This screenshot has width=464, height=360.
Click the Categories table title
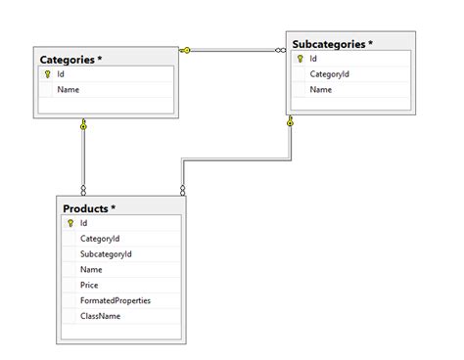(70, 59)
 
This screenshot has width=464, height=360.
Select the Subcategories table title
(333, 44)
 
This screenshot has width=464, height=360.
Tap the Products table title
(89, 208)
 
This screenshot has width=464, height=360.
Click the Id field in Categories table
(61, 74)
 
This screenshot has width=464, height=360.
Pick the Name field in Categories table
(68, 90)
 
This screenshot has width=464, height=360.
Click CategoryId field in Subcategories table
(330, 74)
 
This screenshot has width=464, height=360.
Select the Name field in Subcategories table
(321, 90)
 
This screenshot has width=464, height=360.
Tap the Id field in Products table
(84, 223)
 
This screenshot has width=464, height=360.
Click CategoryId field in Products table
(100, 239)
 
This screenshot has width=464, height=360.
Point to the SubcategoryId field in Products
(106, 254)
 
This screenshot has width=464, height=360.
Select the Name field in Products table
(91, 270)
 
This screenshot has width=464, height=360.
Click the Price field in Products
(90, 286)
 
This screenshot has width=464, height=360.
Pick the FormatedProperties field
(116, 301)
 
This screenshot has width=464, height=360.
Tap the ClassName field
(101, 317)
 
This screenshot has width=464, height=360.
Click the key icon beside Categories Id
(47, 74)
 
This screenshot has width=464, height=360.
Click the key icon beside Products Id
(70, 223)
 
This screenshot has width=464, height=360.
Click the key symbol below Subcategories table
(291, 123)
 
